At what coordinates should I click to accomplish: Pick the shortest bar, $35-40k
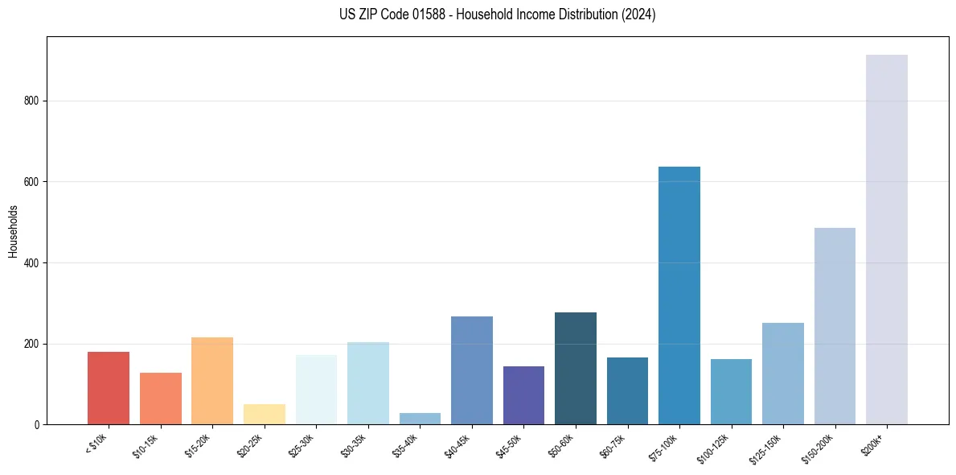coord(420,419)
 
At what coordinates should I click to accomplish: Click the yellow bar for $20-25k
coord(265,414)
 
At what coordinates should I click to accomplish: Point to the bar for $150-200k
coord(835,326)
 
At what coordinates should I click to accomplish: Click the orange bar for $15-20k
coord(212,381)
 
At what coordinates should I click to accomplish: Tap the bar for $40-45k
coord(472,370)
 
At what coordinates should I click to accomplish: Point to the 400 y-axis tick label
coord(32,263)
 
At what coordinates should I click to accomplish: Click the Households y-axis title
coord(13,231)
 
